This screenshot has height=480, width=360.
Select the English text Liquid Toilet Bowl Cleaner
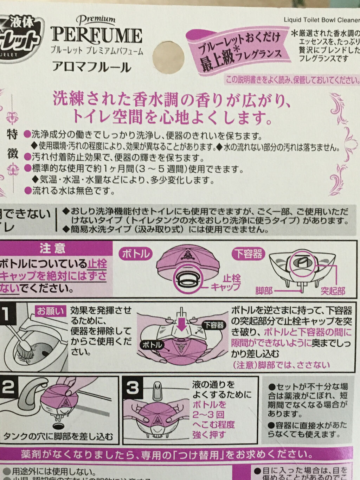(x=321, y=20)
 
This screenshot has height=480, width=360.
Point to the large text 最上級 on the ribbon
(x=214, y=58)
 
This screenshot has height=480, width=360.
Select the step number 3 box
(x=133, y=388)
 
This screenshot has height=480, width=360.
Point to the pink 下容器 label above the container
(x=249, y=253)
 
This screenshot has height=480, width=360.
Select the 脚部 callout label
(x=264, y=290)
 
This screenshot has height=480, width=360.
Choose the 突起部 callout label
(x=333, y=290)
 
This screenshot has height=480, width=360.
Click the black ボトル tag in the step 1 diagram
(x=152, y=345)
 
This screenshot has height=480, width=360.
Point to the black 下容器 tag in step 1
(x=214, y=325)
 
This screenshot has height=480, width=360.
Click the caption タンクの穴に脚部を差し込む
(x=58, y=437)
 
